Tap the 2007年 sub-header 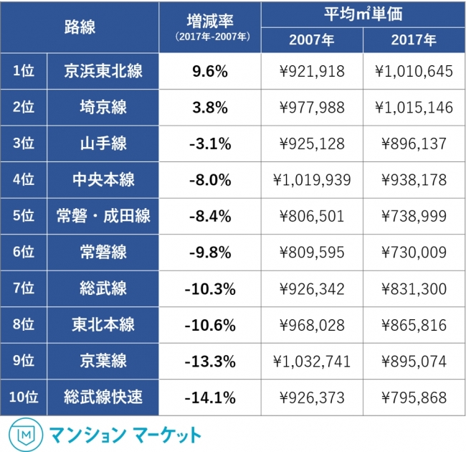(312, 40)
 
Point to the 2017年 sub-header (414, 40)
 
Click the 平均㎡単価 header (363, 14)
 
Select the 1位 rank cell (24, 70)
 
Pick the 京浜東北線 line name (103, 70)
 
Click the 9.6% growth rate (209, 70)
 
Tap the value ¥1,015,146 (414, 107)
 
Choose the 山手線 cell (103, 143)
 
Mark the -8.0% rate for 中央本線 (209, 180)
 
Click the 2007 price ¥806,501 (312, 216)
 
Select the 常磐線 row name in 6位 (103, 253)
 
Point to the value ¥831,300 (414, 289)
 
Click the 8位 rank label (24, 325)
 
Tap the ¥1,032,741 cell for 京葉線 (312, 362)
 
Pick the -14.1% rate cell (209, 397)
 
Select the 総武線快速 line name (103, 397)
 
